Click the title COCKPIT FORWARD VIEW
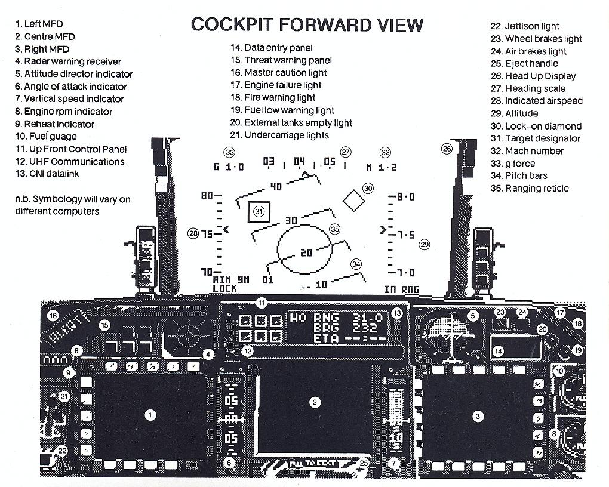307,24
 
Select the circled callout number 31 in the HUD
259,211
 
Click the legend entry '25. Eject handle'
531,63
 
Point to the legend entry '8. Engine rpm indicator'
64,112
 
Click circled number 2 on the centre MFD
315,402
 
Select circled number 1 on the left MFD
150,415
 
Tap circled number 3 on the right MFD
478,417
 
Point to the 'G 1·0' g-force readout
228,167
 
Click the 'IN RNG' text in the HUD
401,289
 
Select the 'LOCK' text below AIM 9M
224,289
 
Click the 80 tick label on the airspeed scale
207,196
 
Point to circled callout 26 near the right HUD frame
447,149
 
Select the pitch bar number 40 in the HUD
275,187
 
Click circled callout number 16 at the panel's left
53,315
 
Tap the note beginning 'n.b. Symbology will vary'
73,205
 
